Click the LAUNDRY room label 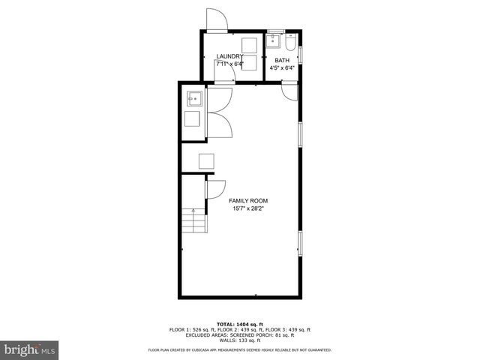(x=229, y=56)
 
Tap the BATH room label (x=282, y=60)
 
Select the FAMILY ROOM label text (x=248, y=201)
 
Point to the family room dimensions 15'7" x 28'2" (x=248, y=209)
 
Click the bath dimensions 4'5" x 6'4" (x=282, y=67)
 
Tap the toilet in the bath (x=292, y=38)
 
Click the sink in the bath (x=274, y=40)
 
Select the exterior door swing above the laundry (x=214, y=20)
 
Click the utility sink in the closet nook (x=194, y=97)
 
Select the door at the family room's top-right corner (x=288, y=91)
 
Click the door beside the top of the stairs (x=215, y=190)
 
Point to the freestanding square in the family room (x=205, y=160)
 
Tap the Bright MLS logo (x=29, y=349)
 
